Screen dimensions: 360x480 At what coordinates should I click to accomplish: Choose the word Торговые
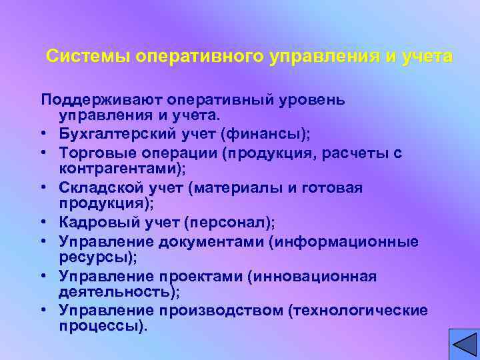(x=95, y=153)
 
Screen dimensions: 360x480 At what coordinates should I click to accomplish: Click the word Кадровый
(x=92, y=223)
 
